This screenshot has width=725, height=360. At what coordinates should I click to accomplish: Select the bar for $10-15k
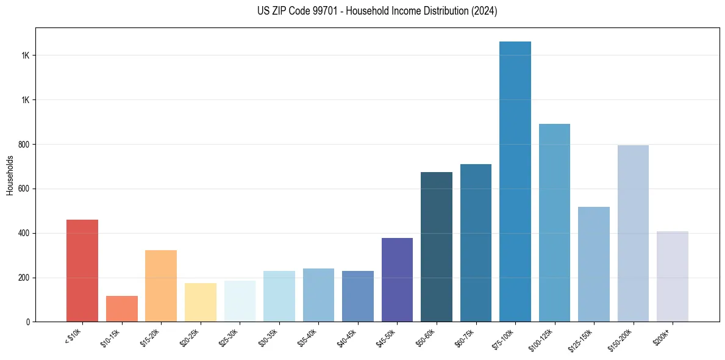(x=121, y=309)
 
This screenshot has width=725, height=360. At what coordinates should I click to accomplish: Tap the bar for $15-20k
(x=161, y=286)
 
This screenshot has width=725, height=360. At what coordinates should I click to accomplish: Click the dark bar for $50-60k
(x=437, y=247)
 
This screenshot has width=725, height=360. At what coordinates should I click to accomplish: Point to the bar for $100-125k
(x=554, y=223)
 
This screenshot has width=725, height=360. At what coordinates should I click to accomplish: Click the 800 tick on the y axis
(x=24, y=145)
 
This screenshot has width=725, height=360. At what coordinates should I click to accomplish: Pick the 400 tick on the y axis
(x=24, y=233)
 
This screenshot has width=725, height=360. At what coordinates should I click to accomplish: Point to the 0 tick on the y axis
(x=28, y=322)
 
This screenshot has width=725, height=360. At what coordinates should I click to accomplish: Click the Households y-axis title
(x=10, y=175)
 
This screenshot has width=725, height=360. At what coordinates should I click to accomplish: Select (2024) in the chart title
(x=485, y=11)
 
